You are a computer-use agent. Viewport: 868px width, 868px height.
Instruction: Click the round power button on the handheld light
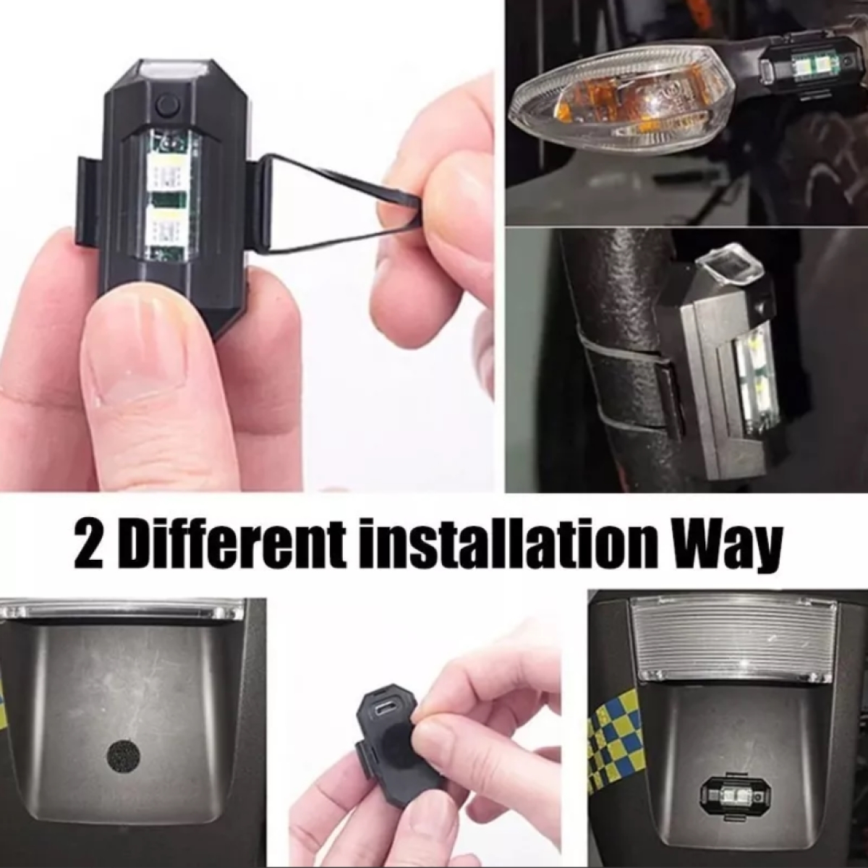click(x=168, y=104)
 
